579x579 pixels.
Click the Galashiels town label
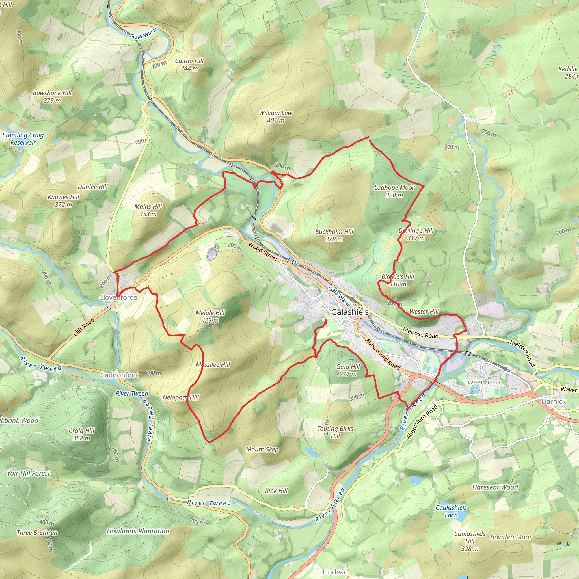(350, 312)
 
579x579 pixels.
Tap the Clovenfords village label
(118, 297)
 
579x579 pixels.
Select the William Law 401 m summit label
(276, 116)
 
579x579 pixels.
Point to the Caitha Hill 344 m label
(189, 64)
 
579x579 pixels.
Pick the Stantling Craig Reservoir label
(23, 139)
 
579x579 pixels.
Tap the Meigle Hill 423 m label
(210, 316)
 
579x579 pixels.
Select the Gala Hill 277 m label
(348, 370)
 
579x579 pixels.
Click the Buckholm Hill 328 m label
(334, 235)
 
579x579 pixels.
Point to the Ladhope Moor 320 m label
(394, 191)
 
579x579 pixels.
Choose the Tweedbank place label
(482, 382)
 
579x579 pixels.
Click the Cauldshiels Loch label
(451, 511)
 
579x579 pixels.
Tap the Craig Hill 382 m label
(81, 434)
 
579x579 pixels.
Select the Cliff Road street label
(84, 327)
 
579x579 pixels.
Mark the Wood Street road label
(263, 252)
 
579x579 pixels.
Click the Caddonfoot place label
(119, 375)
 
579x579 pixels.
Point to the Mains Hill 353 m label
(148, 210)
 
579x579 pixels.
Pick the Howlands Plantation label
(138, 531)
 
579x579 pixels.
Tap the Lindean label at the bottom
(335, 572)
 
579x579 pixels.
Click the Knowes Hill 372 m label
(63, 201)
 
